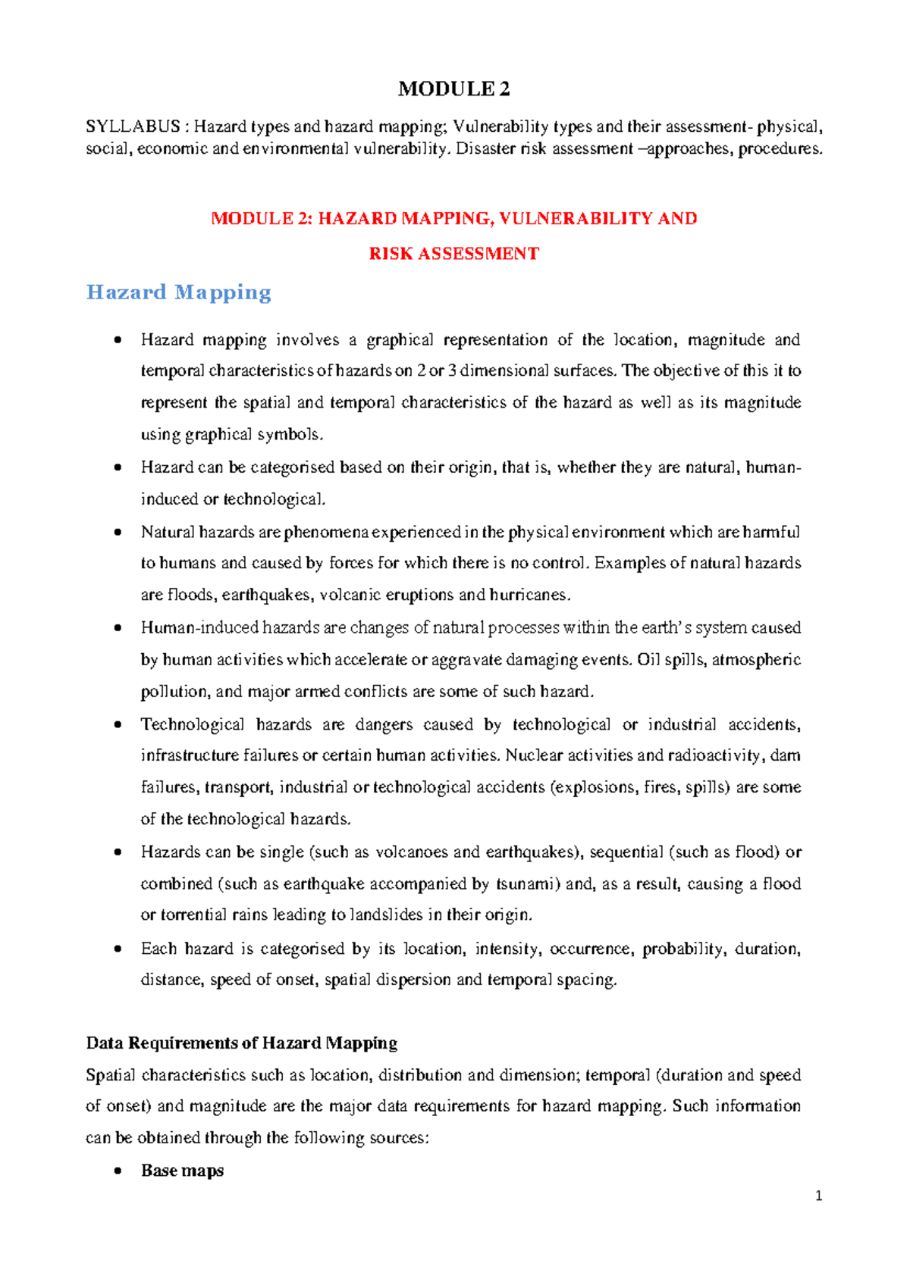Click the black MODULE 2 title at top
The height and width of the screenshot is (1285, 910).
[x=453, y=89]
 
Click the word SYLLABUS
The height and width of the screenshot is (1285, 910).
[x=133, y=127]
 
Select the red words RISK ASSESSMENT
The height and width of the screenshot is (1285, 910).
[x=453, y=254]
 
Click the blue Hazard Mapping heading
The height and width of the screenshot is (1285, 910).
[x=179, y=292]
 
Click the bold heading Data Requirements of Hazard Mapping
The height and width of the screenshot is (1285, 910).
[x=242, y=1043]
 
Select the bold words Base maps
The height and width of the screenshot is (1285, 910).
[x=182, y=1171]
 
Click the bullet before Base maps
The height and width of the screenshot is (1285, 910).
[x=117, y=1171]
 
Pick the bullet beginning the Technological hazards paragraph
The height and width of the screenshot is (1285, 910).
[x=117, y=725]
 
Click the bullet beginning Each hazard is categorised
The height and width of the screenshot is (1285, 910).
[x=117, y=949]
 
